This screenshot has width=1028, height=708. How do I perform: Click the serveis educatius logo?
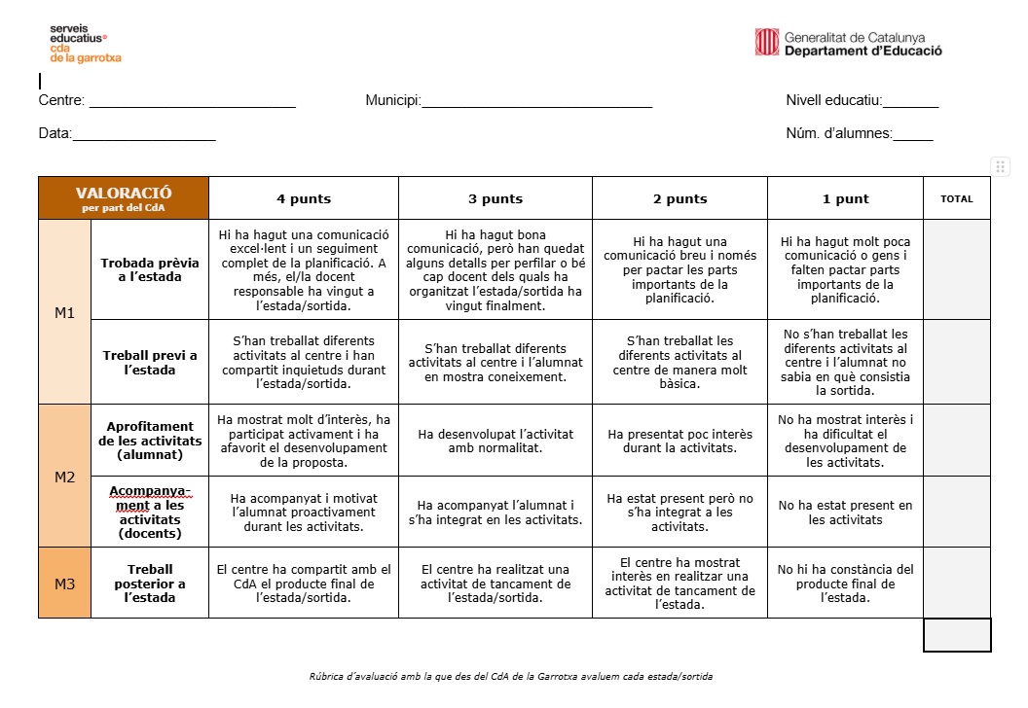[85, 44]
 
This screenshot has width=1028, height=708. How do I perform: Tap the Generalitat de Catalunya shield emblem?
[766, 42]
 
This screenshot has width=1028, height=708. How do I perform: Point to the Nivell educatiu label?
[833, 100]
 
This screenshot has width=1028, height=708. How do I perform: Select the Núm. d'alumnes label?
[838, 134]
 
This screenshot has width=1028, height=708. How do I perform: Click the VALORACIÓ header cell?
[124, 198]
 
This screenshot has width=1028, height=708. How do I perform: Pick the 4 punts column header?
[303, 199]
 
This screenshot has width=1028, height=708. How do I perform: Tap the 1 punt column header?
[845, 199]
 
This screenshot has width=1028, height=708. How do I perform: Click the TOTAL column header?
[956, 199]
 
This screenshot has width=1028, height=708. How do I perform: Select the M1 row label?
[64, 312]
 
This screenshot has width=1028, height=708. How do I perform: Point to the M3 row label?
[64, 584]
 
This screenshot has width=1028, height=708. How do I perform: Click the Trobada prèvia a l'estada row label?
[150, 269]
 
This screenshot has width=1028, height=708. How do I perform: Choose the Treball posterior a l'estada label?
[150, 584]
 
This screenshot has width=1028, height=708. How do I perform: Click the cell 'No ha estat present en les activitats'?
[845, 513]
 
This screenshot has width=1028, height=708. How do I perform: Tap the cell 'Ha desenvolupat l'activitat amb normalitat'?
[496, 441]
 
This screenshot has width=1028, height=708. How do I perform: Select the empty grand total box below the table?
[957, 635]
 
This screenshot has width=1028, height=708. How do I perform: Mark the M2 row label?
[64, 477]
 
